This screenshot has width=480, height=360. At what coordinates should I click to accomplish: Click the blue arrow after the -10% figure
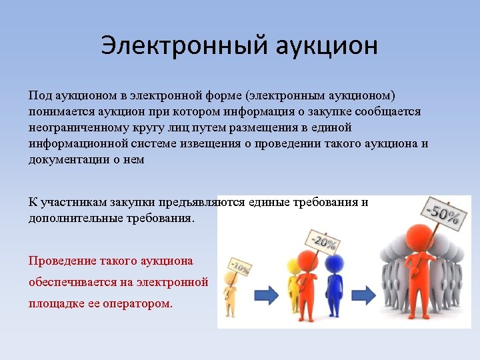(267, 294)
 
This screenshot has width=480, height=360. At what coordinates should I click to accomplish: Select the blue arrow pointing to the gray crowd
(363, 294)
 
